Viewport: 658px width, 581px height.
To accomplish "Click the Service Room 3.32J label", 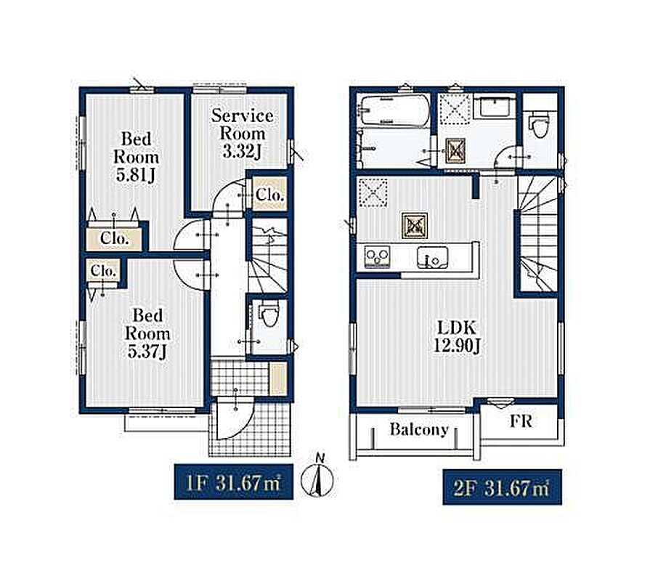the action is pos(242,134).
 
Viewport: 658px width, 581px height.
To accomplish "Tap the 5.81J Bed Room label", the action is pos(136,157).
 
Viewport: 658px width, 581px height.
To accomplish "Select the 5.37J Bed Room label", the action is pos(147,333).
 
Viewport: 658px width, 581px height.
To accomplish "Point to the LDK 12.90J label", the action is pos(457,336).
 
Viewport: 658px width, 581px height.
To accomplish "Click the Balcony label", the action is pos(419,429).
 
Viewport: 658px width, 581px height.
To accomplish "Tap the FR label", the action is pos(521,420).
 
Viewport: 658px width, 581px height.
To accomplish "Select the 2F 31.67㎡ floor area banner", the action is pos(503,487).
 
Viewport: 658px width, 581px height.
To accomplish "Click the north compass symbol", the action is pos(318,476).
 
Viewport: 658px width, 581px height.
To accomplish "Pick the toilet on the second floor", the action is pos(538,123).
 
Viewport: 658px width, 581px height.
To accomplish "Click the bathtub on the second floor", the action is pos(394,110).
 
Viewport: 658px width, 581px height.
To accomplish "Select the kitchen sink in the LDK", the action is pos(432,257).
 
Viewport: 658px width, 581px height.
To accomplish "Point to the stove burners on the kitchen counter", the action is pos(377,256).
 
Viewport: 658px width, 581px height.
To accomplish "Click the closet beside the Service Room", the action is pos(270,194).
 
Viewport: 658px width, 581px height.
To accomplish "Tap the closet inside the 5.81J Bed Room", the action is pos(114,239).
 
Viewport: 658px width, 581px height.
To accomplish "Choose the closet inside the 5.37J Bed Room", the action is pos(103,271).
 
